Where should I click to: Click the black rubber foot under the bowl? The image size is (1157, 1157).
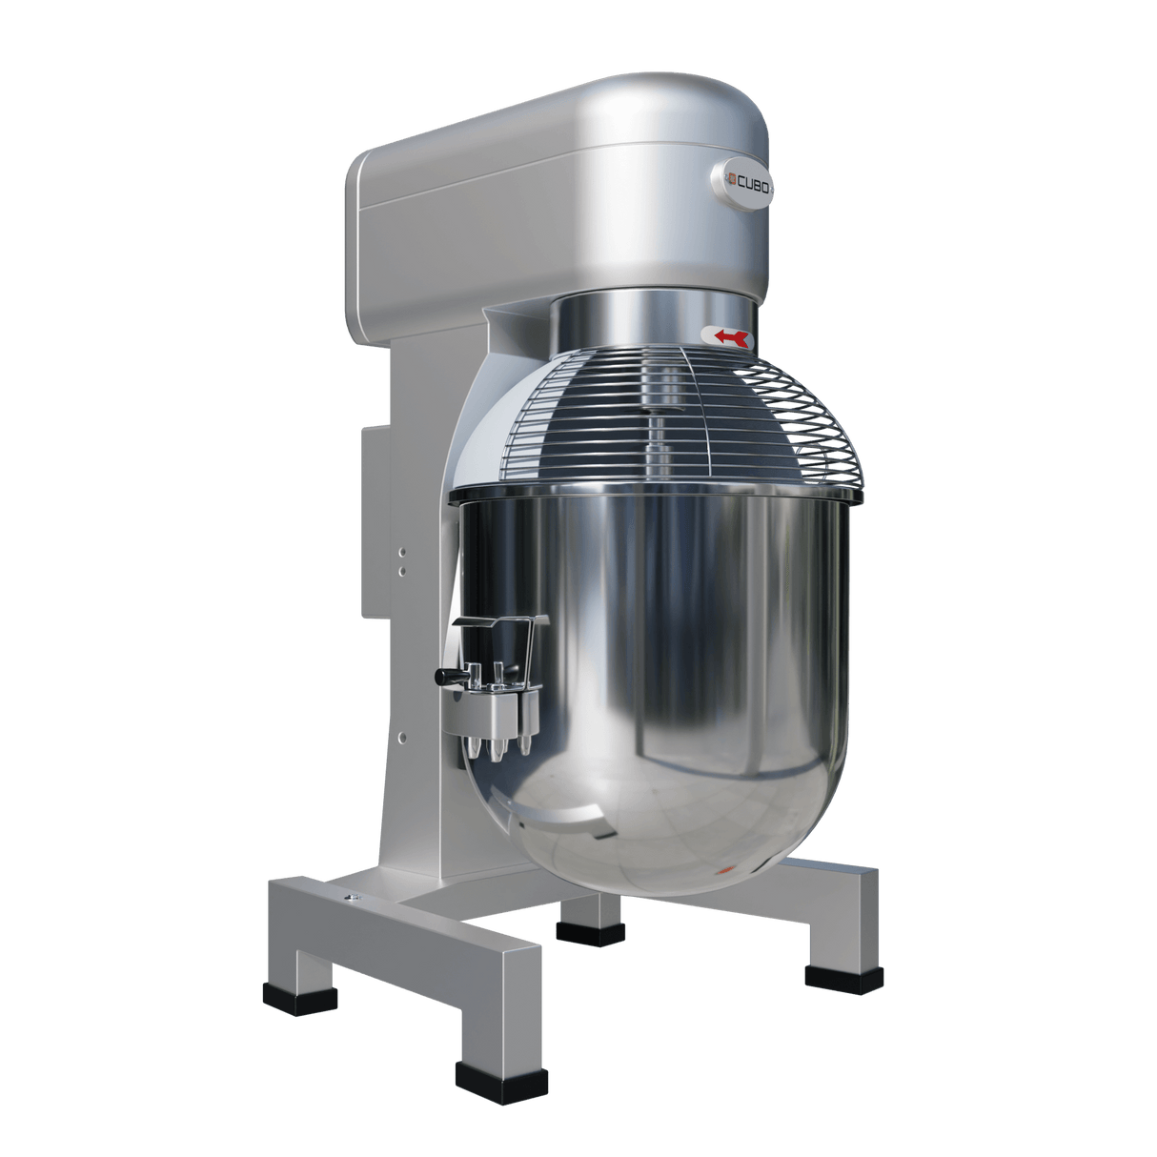point(592,930)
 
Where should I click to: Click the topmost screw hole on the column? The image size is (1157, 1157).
point(402,551)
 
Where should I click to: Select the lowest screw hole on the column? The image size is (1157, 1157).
point(402,736)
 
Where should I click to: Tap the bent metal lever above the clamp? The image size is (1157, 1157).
point(500,625)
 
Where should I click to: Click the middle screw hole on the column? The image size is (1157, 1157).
point(402,570)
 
